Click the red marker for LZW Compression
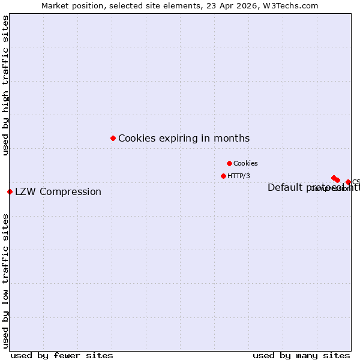pyautogui.click(x=10, y=191)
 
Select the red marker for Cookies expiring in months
pyautogui.click(x=113, y=138)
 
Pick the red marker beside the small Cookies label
pyautogui.click(x=229, y=163)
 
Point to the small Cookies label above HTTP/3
pyautogui.click(x=245, y=163)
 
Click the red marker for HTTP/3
pyautogui.click(x=223, y=176)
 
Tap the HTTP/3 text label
pyautogui.click(x=239, y=176)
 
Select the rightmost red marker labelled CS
pyautogui.click(x=348, y=182)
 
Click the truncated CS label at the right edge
pyautogui.click(x=355, y=182)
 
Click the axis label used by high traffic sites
pyautogui.click(x=5, y=85)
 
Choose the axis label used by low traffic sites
pyautogui.click(x=5, y=280)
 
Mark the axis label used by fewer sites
pyautogui.click(x=62, y=355)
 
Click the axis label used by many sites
pyautogui.click(x=301, y=355)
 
